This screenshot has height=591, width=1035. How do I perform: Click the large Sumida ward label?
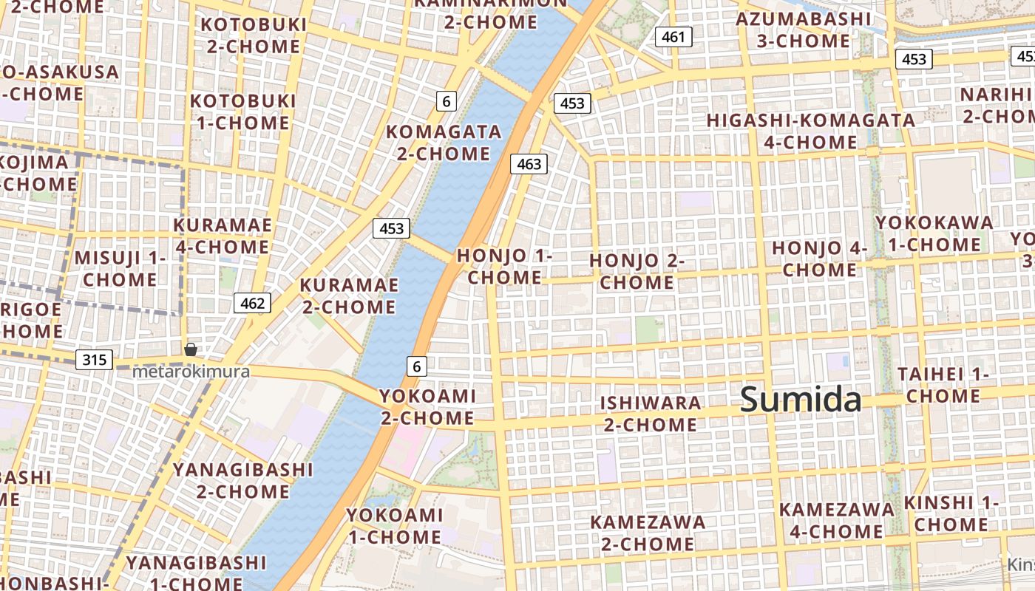pos(801,400)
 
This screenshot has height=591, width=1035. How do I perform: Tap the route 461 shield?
pos(673,37)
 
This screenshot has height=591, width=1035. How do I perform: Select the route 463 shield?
pos(529,164)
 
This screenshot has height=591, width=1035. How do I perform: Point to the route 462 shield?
pos(252,302)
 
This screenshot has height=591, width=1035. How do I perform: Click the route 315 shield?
pos(94,360)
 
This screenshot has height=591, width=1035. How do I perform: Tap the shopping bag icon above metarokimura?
pos(191,349)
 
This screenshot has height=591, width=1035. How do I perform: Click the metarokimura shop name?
pos(191,372)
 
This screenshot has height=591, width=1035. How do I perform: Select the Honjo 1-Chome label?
pos(505,266)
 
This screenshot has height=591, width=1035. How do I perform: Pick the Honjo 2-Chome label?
pos(637,271)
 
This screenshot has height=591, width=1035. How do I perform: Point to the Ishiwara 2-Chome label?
pos(651,414)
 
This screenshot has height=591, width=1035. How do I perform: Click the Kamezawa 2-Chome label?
pos(648,533)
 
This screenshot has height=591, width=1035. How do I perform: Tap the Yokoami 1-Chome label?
pos(395,525)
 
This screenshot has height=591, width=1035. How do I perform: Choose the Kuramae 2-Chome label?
pos(349,295)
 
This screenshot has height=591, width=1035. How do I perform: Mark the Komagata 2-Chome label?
pos(444,143)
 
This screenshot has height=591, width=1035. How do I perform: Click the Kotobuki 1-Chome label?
pos(242,112)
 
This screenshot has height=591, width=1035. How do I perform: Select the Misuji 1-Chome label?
pos(120,269)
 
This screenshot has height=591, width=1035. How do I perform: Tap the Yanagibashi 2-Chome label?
pos(242,480)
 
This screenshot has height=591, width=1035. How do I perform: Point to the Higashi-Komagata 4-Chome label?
pos(811,131)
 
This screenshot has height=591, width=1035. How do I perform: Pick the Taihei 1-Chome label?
pos(943,385)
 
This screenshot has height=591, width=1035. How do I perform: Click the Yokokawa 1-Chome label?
pos(934,233)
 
